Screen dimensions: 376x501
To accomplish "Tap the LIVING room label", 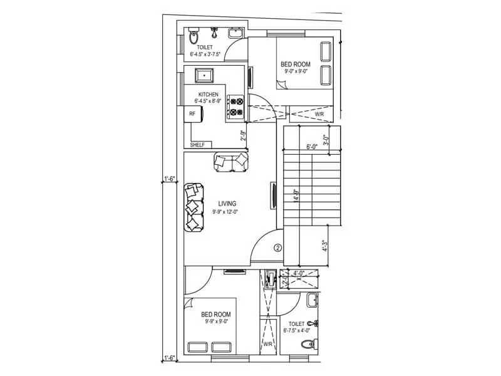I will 227,204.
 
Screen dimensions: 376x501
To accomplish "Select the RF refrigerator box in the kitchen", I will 192,114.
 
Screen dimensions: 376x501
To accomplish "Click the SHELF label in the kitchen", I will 197,145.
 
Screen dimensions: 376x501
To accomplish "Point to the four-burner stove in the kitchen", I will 235,107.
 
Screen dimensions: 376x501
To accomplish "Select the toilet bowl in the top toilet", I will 192,38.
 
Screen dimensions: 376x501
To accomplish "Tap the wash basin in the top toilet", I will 235,33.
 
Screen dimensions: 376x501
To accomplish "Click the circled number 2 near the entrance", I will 278,248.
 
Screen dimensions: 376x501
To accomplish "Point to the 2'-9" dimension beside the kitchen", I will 243,135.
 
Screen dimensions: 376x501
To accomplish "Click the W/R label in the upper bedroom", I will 319,115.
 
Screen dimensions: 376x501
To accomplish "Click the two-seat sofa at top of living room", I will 231,162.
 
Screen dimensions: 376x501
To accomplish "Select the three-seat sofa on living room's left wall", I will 194,207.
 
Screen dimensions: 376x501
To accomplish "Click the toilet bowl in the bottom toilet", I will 307,344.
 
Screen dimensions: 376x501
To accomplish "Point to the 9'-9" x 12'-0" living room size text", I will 225,212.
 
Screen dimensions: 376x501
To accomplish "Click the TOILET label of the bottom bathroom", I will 297,324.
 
